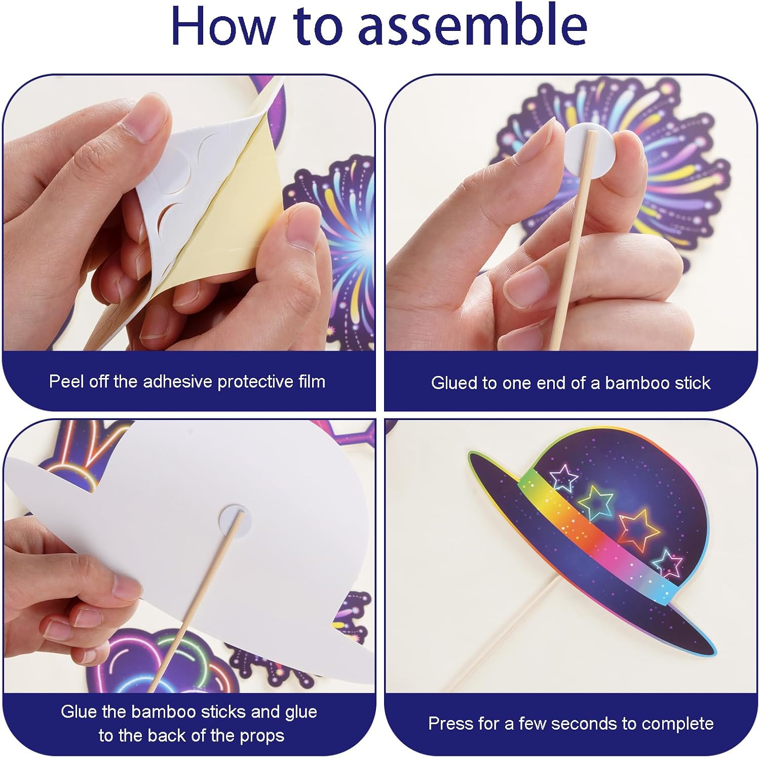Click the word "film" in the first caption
pyautogui.click(x=311, y=381)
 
